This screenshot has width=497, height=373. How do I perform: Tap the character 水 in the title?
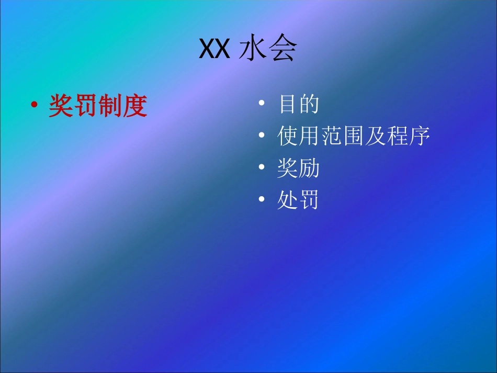coord(253,50)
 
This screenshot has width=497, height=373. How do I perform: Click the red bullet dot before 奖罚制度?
coord(34,105)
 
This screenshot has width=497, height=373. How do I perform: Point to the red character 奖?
coord(61,106)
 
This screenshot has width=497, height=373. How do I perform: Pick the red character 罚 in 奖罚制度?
coord(85,106)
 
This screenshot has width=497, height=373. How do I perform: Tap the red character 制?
coord(110,106)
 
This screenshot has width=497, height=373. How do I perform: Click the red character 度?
coord(135,106)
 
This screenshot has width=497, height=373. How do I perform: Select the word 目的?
coord(298,104)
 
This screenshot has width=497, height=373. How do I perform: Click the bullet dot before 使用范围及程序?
coord(262,136)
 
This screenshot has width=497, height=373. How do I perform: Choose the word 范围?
coord(342,137)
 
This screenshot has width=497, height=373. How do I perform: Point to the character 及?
coord(375,137)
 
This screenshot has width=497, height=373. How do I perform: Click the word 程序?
coord(408,137)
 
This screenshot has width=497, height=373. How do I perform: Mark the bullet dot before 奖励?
coord(262,168)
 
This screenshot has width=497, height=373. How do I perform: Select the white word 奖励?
coord(298,169)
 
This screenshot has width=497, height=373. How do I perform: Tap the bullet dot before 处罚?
coord(262,201)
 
